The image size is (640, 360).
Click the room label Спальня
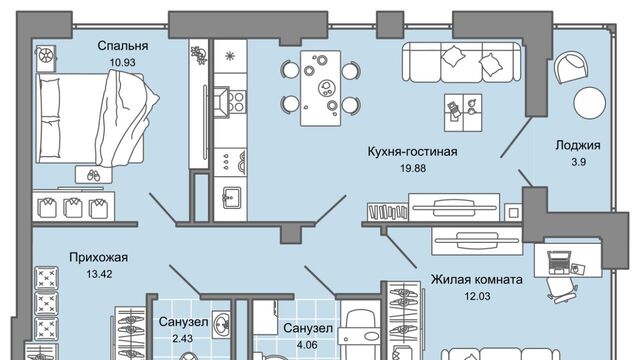click(122, 46)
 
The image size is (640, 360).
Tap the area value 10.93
click(122, 63)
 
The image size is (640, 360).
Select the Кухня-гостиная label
click(412, 151)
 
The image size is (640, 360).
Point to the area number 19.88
click(413, 168)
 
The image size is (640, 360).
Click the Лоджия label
click(578, 145)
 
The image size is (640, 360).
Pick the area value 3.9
click(578, 162)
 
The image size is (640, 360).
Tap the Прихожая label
click(98, 258)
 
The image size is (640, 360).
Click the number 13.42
click(99, 274)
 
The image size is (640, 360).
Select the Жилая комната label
click(477, 280)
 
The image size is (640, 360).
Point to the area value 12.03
click(477, 296)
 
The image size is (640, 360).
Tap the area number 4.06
click(307, 345)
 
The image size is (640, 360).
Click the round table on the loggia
click(589, 103)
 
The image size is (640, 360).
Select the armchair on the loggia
click(571, 67)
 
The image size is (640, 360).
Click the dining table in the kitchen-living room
click(320, 88)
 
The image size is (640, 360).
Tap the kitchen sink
click(231, 198)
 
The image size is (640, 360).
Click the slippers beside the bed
click(93, 175)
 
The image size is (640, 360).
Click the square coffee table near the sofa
click(463, 113)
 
